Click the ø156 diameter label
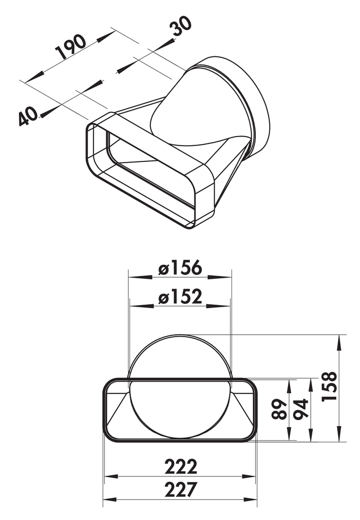click(x=180, y=268)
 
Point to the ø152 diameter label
click(x=180, y=297)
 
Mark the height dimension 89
click(x=280, y=409)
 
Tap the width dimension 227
click(x=180, y=490)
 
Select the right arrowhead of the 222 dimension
click(x=252, y=476)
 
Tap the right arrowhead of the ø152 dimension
click(x=226, y=306)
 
